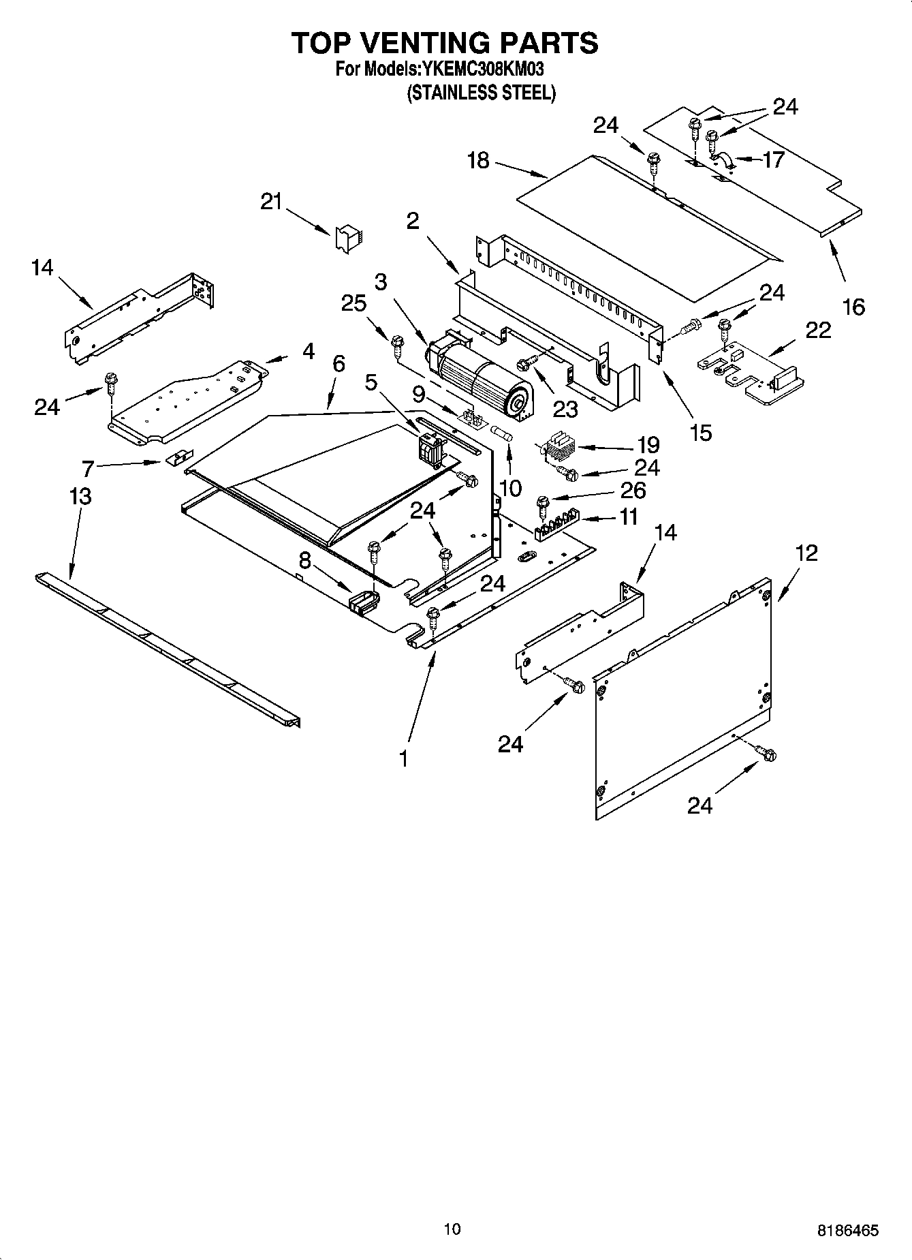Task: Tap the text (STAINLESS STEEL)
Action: (x=481, y=93)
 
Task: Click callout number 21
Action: (x=271, y=202)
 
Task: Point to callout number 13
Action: (x=80, y=496)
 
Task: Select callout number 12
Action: (x=806, y=553)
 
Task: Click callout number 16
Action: (x=853, y=307)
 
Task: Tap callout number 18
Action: (x=478, y=161)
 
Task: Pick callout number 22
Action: (x=818, y=330)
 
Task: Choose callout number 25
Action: (x=354, y=303)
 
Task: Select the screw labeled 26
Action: (x=544, y=505)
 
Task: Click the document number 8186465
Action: (x=847, y=1231)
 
